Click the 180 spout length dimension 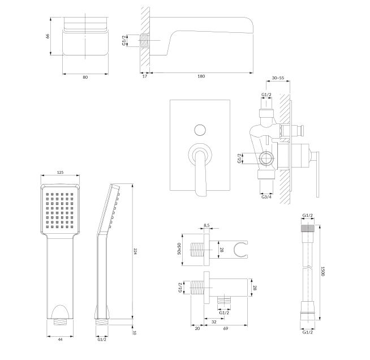[x=201, y=76]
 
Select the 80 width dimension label [x=85, y=77]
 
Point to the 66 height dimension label [x=48, y=36]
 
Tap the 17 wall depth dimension [x=145, y=76]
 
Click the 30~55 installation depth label [x=278, y=78]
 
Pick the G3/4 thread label [x=266, y=196]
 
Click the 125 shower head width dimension [x=60, y=172]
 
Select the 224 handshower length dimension [x=135, y=251]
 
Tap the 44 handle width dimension [x=60, y=339]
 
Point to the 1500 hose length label [x=323, y=271]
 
